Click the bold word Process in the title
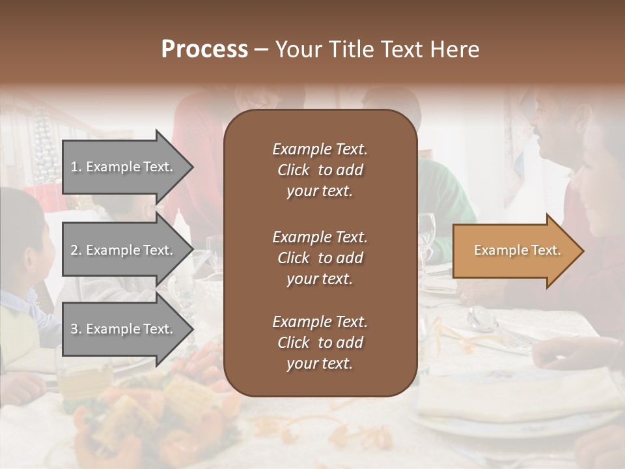point(204,50)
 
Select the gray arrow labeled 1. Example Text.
point(124,167)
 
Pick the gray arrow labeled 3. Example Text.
point(124,330)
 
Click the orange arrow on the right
point(514,251)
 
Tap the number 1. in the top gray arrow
point(76,167)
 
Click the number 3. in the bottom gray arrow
point(76,330)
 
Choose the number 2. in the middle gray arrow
point(76,250)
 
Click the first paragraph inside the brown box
point(320,170)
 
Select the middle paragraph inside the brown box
point(320,258)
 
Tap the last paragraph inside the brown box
point(320,343)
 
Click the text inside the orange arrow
point(517,250)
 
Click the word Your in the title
point(298,50)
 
